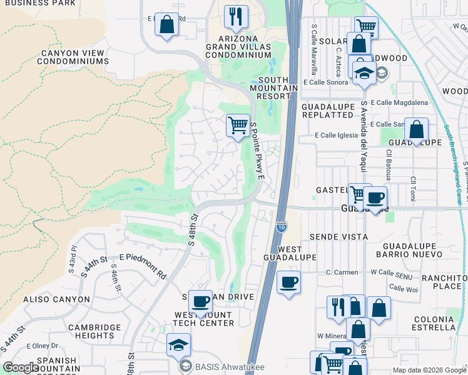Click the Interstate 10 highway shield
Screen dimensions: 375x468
(x=281, y=226)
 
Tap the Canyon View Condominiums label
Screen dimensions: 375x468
(x=74, y=57)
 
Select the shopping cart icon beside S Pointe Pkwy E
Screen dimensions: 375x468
(x=238, y=126)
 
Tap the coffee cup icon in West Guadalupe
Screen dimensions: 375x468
(x=288, y=282)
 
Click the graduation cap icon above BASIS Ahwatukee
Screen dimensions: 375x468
(x=178, y=344)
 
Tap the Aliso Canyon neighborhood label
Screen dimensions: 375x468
(x=56, y=299)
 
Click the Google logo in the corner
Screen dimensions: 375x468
(x=21, y=367)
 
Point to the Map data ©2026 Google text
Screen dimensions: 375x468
(x=429, y=370)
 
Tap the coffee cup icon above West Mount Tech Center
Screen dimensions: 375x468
(x=200, y=301)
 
